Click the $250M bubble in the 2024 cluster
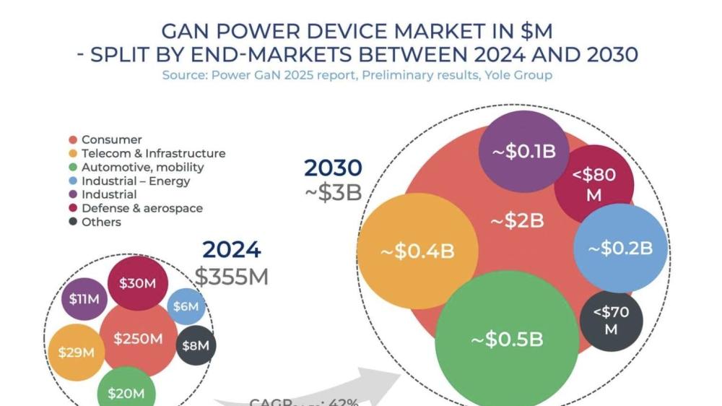tap(137, 339)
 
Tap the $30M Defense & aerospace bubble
tap(137, 283)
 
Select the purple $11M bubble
tap(84, 298)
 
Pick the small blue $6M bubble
tap(186, 306)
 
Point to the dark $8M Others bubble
tap(195, 345)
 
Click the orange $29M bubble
tap(77, 353)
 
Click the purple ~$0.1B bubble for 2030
tap(524, 152)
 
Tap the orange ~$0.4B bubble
tap(408, 251)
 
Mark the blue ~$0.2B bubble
tap(620, 249)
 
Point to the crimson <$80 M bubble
tap(594, 184)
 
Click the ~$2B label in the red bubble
tap(517, 221)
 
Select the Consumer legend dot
tap(73, 139)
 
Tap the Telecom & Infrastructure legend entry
tap(153, 153)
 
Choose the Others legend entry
tap(101, 222)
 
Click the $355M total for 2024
tap(231, 276)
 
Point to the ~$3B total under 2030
tap(331, 193)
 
